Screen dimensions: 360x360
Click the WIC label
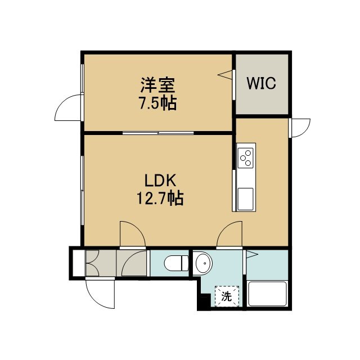[x=261, y=83]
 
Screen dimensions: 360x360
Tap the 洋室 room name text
[x=158, y=85]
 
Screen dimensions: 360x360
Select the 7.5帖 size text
[x=157, y=103]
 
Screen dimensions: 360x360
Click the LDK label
[x=160, y=180]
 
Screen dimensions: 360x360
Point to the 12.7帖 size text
[x=160, y=198]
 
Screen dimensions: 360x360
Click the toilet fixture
[x=176, y=263]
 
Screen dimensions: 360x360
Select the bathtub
[x=267, y=293]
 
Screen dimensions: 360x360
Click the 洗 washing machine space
[x=227, y=296]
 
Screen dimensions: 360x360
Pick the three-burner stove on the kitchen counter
[x=246, y=157]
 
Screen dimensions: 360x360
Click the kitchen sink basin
[x=245, y=199]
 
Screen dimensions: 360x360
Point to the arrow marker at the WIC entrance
[x=225, y=75]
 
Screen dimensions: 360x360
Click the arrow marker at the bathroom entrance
[x=252, y=254]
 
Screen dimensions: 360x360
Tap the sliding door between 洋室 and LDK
[x=158, y=133]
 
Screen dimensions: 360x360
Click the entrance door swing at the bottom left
[x=100, y=293]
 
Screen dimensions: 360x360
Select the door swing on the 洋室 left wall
[x=68, y=107]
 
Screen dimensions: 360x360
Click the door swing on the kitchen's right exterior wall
[x=300, y=128]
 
